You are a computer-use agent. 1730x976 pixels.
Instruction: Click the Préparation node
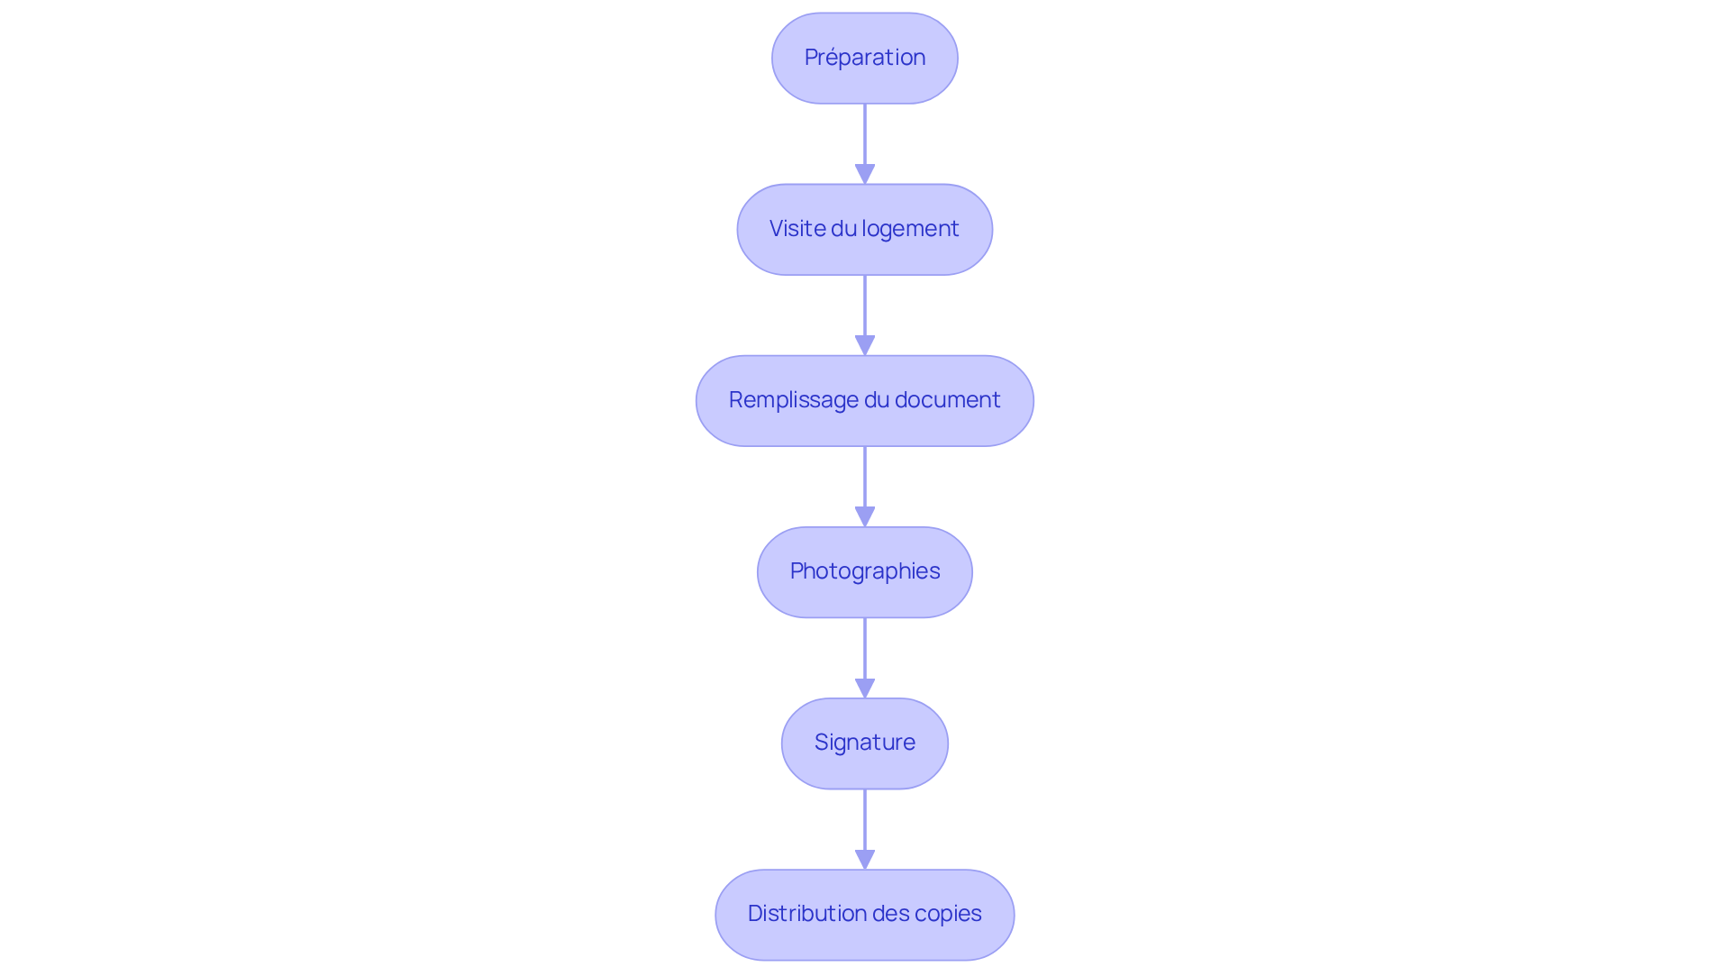point(865,58)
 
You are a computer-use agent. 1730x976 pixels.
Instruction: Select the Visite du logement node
point(865,229)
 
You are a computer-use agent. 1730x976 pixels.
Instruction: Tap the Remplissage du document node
point(865,400)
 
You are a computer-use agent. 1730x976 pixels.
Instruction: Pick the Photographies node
point(865,571)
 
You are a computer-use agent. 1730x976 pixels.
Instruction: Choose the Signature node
point(865,743)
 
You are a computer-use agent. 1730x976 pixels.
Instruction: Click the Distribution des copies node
point(865,914)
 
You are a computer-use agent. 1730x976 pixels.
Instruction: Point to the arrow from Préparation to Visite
point(865,144)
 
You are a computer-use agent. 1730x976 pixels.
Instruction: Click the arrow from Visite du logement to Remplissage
point(865,315)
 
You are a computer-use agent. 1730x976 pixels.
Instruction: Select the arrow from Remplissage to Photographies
point(865,487)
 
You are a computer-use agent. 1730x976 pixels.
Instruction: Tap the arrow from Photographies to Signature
point(865,658)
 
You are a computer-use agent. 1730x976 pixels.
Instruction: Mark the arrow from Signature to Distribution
point(865,829)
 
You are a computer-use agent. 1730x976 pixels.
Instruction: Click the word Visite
point(797,228)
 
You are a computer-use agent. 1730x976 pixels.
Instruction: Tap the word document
point(948,399)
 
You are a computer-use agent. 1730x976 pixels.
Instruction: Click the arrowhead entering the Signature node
point(865,689)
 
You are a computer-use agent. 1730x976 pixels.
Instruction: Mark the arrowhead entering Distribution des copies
point(865,860)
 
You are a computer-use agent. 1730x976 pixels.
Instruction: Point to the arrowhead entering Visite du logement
point(865,175)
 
